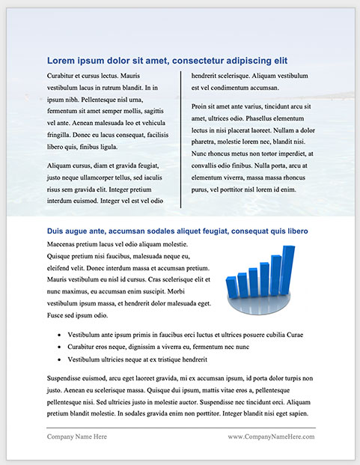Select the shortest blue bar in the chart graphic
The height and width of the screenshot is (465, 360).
pos(231,288)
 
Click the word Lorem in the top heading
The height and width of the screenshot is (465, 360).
pos(62,61)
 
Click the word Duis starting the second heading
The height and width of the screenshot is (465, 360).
pos(57,232)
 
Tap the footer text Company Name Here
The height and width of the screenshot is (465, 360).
pos(77,436)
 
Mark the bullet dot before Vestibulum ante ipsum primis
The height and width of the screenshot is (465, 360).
pos(59,335)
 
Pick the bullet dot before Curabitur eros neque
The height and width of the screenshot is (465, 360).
pos(59,347)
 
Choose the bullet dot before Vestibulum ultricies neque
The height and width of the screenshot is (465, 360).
pos(59,360)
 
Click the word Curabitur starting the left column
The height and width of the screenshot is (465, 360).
pos(63,76)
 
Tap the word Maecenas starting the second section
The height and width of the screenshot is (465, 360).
pos(65,244)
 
